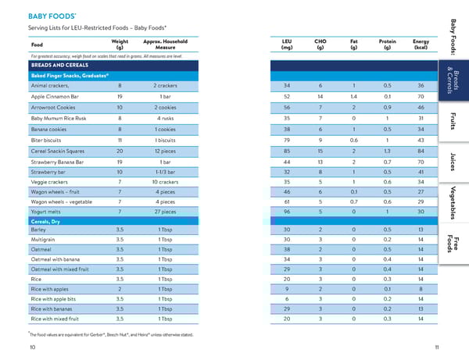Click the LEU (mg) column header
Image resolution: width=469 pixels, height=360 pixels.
tap(287, 44)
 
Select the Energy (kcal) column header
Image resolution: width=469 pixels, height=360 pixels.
tap(421, 44)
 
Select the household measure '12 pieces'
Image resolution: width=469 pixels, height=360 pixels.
tap(165, 151)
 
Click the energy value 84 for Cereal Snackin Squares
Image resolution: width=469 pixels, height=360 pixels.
tap(421, 151)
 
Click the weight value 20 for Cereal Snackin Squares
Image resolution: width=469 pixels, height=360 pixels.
tap(120, 151)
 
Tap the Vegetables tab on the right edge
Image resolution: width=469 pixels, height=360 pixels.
tap(456, 202)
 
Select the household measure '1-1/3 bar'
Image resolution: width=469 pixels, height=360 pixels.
tap(165, 170)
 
